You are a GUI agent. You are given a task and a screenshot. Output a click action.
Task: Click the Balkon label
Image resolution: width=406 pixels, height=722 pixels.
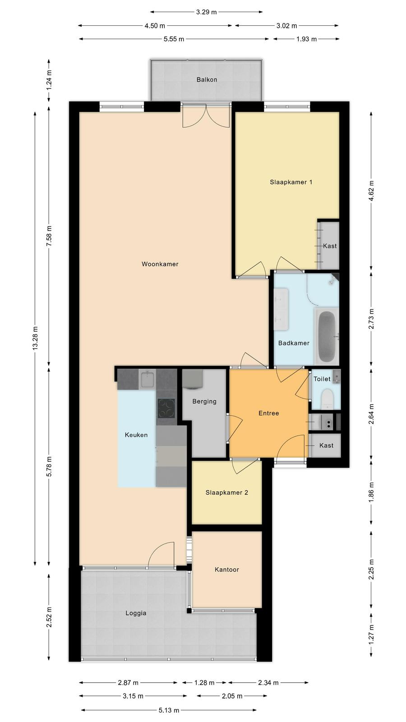207,79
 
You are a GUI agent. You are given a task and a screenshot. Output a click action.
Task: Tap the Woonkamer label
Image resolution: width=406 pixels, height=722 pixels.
160,264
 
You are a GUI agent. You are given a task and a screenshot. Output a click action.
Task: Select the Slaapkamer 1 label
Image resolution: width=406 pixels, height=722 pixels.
291,182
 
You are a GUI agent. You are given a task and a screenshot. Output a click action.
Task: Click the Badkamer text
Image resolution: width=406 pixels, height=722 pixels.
294,343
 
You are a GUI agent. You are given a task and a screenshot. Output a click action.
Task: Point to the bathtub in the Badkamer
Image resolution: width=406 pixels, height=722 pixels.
327,336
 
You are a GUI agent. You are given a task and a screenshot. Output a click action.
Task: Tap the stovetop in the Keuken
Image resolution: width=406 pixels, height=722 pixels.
166,408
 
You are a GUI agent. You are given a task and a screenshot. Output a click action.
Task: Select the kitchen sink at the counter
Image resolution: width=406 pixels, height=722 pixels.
147,379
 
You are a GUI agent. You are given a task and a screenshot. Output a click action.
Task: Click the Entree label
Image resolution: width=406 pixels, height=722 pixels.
269,413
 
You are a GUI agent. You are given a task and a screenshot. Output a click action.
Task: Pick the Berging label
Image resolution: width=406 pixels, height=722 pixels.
204,402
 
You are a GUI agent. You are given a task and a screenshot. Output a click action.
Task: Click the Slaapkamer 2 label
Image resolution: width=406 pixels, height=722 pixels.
227,492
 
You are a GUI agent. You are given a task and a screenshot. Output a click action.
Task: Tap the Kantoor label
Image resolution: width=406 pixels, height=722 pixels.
227,570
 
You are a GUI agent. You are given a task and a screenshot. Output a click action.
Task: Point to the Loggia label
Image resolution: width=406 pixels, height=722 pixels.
136,613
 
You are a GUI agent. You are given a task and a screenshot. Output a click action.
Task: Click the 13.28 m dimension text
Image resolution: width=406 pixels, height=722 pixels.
36,338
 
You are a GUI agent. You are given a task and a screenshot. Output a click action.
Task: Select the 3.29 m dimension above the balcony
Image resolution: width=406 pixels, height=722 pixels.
207,12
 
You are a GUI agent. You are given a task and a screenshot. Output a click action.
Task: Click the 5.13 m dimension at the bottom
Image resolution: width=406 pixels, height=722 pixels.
169,710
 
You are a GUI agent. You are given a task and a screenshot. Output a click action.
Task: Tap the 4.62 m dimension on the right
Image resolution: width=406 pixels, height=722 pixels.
372,191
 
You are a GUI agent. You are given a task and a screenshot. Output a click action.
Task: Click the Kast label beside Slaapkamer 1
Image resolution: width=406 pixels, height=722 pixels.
330,246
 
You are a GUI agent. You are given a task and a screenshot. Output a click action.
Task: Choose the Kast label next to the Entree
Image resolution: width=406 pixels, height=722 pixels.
327,445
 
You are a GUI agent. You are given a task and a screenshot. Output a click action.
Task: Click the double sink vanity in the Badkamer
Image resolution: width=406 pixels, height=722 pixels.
281,309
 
